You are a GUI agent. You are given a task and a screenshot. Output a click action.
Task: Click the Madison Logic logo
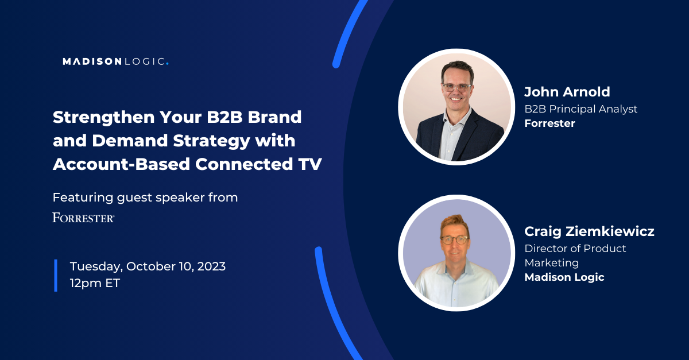click(115, 61)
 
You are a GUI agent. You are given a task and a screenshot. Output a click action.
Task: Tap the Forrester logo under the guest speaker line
click(83, 218)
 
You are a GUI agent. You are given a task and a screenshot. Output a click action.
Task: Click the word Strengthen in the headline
click(104, 118)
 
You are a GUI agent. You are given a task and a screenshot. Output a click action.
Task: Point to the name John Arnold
click(567, 92)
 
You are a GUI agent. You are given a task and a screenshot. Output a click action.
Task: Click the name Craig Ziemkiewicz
click(589, 231)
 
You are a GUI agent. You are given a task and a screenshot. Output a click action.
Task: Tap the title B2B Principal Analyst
click(580, 109)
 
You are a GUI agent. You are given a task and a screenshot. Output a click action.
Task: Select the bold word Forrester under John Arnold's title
click(549, 123)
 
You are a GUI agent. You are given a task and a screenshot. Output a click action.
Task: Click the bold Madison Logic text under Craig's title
click(564, 277)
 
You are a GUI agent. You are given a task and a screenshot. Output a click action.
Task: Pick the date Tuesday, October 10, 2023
click(148, 266)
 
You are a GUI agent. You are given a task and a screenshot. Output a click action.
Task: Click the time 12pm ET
click(95, 283)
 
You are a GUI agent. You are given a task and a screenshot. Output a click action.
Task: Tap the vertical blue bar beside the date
click(56, 276)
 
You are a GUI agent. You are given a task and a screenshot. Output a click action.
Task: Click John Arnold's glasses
click(457, 88)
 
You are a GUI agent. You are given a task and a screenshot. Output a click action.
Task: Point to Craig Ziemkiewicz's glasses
click(455, 239)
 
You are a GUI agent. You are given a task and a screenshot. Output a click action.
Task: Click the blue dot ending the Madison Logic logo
click(167, 64)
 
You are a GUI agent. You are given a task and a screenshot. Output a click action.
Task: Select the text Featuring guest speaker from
click(145, 198)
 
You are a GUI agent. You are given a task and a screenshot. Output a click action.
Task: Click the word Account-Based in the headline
click(122, 164)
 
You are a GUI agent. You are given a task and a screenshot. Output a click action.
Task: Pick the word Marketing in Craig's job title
click(552, 263)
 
